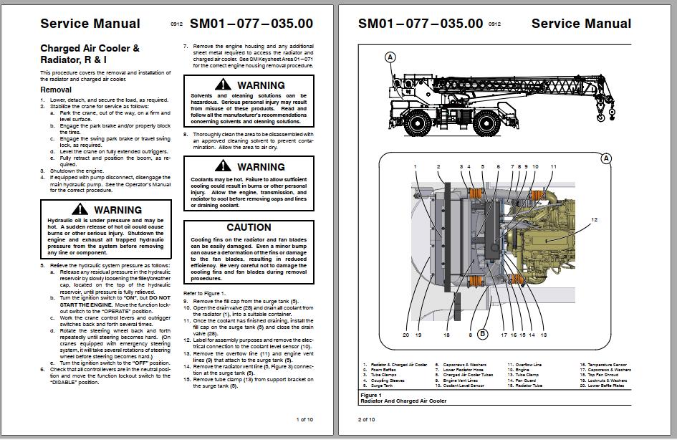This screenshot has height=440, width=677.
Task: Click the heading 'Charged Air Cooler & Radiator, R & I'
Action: pyautogui.click(x=90, y=54)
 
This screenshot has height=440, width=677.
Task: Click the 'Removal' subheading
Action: pyautogui.click(x=56, y=90)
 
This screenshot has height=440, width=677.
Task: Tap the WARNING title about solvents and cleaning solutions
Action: pyautogui.click(x=256, y=85)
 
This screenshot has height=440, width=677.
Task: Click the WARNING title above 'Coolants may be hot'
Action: pyautogui.click(x=256, y=167)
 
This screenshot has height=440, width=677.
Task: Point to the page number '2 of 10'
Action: pyautogui.click(x=366, y=419)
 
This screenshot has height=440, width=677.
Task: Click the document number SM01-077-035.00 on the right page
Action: pyautogui.click(x=421, y=23)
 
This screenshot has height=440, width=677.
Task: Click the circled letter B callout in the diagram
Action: pyautogui.click(x=483, y=333)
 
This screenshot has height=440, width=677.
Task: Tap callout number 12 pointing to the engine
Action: pyautogui.click(x=594, y=219)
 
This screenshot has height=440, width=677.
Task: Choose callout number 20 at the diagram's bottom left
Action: pyautogui.click(x=405, y=335)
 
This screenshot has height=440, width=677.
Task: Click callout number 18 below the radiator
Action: pyautogui.click(x=446, y=335)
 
